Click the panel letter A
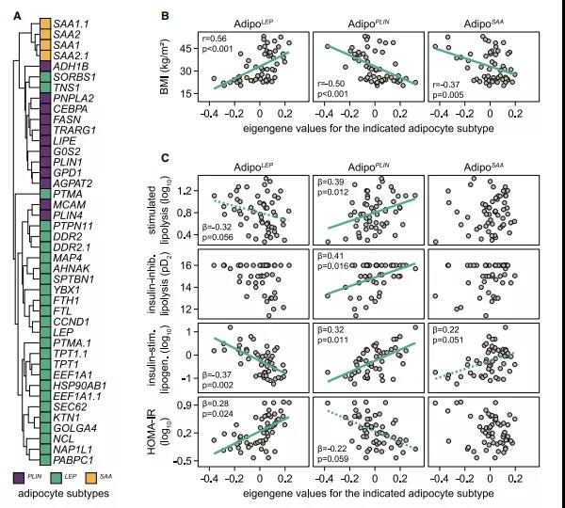click(x=12, y=13)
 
